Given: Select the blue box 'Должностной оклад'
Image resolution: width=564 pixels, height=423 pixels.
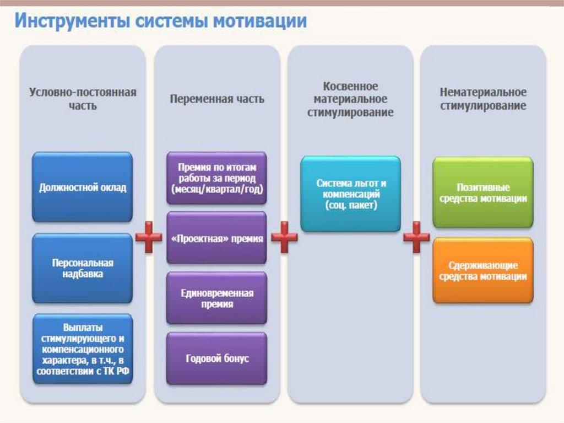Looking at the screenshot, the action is pos(83,187).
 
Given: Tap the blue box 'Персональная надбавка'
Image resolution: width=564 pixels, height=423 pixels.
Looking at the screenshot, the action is pos(83,268).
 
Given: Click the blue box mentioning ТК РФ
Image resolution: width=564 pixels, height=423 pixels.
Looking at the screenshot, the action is pos(83,349).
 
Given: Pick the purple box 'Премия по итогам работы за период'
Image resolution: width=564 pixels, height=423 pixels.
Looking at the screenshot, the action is pos(216,178).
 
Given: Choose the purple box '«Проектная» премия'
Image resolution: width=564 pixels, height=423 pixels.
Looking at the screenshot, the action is pos(216,238).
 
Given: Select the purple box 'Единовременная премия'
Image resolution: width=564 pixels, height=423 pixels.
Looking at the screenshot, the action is pos(216,298).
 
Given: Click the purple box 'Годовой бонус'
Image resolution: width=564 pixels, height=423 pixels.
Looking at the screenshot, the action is pos(216,358).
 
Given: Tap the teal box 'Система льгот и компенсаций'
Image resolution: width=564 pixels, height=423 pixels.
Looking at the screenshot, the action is pos(350,194).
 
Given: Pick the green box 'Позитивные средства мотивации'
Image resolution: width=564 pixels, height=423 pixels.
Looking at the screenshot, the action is pos(483,192).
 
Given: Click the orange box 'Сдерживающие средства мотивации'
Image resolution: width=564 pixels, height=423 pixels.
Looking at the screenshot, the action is pos(483,271).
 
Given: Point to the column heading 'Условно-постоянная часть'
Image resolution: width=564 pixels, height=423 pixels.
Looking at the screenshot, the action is pos(83,99).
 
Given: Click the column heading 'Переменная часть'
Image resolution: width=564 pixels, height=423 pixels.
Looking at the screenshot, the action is pos(217,99).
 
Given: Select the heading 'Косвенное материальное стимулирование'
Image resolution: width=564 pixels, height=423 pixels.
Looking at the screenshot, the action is pos(350,99).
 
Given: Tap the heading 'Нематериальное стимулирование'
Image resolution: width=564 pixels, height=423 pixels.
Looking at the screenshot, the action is pos(483,99).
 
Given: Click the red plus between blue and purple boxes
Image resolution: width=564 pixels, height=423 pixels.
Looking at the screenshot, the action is pos(149,237).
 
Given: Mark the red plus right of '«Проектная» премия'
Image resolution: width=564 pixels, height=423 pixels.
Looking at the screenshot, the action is pos(284,237).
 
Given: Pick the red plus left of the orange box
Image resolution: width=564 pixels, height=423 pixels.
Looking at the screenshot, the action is pos(416,237).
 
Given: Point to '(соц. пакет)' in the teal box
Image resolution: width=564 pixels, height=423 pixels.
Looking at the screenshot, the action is pos(351,205).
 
